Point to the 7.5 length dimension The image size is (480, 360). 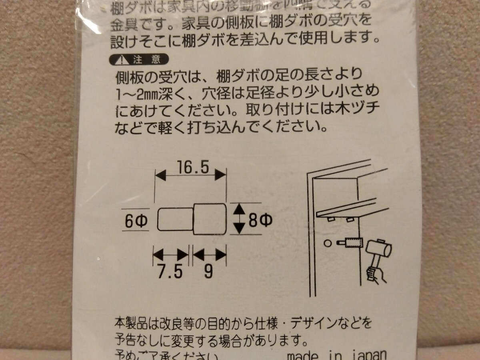click(x=170, y=272)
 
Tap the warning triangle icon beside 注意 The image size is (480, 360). click(x=120, y=60)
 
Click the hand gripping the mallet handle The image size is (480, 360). click(x=375, y=275)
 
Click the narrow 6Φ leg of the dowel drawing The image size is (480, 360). click(x=176, y=220)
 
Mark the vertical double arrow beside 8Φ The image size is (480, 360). click(x=239, y=218)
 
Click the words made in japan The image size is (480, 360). click(x=337, y=355)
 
